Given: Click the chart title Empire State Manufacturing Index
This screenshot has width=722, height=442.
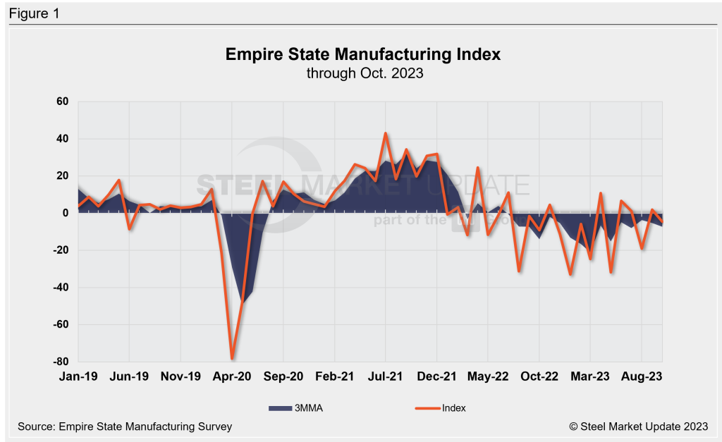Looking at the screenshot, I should pyautogui.click(x=362, y=54).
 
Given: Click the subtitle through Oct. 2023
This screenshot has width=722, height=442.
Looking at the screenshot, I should pyautogui.click(x=362, y=73).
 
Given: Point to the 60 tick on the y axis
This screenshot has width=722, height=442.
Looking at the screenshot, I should pyautogui.click(x=62, y=102).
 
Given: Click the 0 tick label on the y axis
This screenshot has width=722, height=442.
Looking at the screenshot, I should pyautogui.click(x=65, y=213).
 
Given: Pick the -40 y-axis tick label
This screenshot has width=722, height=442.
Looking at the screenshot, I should pyautogui.click(x=60, y=288).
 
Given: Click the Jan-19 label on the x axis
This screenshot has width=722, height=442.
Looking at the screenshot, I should pyautogui.click(x=78, y=376).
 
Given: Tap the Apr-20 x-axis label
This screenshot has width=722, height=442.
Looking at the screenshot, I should pyautogui.click(x=232, y=376).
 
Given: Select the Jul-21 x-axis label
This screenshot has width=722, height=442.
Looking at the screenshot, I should pyautogui.click(x=386, y=376).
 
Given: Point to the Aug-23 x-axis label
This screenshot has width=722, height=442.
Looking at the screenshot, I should pyautogui.click(x=642, y=376).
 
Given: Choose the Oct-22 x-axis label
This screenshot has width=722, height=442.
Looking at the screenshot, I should pyautogui.click(x=539, y=376).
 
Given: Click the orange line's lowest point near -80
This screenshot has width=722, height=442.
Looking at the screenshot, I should pyautogui.click(x=232, y=358).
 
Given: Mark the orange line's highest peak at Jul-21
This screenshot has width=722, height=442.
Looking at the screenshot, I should pyautogui.click(x=386, y=133).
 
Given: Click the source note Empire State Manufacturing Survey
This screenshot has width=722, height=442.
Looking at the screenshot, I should pyautogui.click(x=125, y=426).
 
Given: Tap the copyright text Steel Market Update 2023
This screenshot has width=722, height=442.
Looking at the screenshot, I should pyautogui.click(x=637, y=426).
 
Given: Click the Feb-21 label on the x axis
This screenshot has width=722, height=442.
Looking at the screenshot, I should pyautogui.click(x=334, y=376).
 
